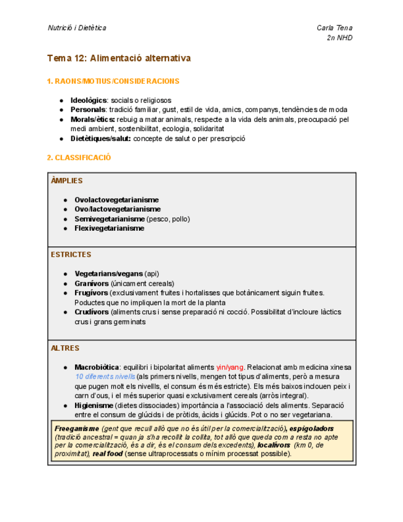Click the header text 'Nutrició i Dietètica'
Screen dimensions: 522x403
pos(77,28)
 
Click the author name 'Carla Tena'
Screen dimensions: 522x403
pos(334,28)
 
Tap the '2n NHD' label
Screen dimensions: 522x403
pos(340,38)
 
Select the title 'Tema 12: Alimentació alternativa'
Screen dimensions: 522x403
pos(119,58)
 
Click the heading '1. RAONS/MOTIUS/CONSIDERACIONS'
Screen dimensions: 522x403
pos(113,81)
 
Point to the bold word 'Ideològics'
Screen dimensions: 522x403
pos(89,100)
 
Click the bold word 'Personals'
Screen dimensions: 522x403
pos(88,110)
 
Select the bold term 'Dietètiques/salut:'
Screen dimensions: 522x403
pos(100,139)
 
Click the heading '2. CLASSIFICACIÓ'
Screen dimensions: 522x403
pos(79,158)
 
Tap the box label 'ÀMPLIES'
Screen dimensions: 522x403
pos(66,181)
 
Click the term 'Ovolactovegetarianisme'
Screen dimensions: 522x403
pos(116,200)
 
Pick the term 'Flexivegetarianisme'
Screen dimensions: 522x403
pos(109,228)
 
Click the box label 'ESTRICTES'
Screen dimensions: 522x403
pos(71,254)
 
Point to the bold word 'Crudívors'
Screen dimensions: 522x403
pos(92,312)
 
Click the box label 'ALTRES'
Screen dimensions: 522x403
pos(65,348)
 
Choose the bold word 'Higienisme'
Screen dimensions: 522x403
pos(94,406)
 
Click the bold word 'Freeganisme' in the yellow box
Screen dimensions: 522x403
pos(76,428)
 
